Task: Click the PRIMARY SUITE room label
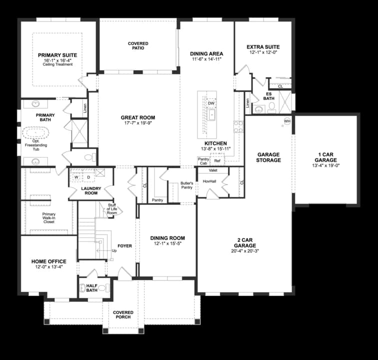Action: (57, 55)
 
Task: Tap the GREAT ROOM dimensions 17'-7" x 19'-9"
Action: (138, 123)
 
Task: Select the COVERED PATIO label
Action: (138, 46)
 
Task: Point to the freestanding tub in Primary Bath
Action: (35, 133)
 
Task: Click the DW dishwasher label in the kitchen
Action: (211, 103)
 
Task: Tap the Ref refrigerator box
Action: (217, 160)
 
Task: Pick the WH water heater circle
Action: (287, 121)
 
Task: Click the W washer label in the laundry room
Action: (76, 177)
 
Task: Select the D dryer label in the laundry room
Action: (88, 177)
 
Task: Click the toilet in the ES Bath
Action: (271, 107)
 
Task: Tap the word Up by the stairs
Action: (114, 251)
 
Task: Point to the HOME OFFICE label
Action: (49, 261)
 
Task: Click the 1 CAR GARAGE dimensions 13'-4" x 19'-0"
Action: (325, 165)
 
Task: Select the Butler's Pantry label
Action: (187, 185)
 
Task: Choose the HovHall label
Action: (209, 181)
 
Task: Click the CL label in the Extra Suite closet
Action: (280, 86)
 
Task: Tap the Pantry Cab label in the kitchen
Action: (203, 161)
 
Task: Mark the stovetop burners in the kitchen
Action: (238, 127)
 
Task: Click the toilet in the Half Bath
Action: (103, 288)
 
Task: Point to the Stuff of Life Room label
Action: (112, 209)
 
